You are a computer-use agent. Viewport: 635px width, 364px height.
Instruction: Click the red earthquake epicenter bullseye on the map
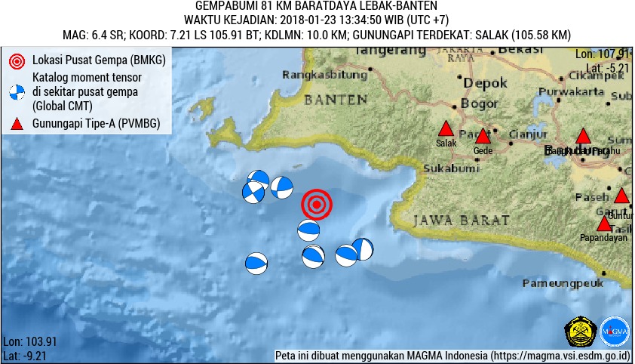coord(317,205)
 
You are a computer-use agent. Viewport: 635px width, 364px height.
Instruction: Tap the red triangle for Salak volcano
coord(446,129)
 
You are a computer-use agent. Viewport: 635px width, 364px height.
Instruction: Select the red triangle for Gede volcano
coord(483,137)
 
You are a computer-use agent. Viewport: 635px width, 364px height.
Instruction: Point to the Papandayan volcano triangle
coord(604,224)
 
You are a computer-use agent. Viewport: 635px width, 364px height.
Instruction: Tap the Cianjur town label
coord(527,134)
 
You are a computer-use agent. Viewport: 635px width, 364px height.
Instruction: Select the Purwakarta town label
coord(578,91)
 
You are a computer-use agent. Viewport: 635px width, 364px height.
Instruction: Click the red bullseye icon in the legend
coord(16,60)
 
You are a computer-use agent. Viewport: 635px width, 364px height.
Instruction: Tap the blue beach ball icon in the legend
coord(16,92)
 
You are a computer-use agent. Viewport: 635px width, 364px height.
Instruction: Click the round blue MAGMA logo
coord(615,331)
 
